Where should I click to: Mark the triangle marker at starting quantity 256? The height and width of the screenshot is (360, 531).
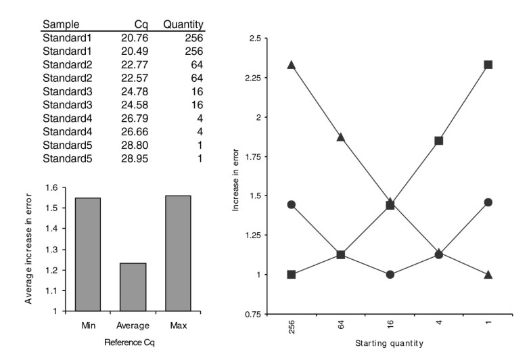point(292,65)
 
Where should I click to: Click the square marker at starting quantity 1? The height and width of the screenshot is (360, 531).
point(488,65)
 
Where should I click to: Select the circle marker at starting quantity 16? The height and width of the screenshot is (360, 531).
point(390,275)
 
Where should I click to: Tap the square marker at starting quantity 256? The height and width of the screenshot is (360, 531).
point(292,275)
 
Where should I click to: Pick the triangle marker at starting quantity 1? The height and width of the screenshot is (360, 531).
point(488,274)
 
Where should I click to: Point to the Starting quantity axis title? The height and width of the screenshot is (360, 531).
point(390,343)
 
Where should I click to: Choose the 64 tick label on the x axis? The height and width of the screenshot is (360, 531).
point(341,326)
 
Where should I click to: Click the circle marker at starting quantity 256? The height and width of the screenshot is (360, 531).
point(292,204)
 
